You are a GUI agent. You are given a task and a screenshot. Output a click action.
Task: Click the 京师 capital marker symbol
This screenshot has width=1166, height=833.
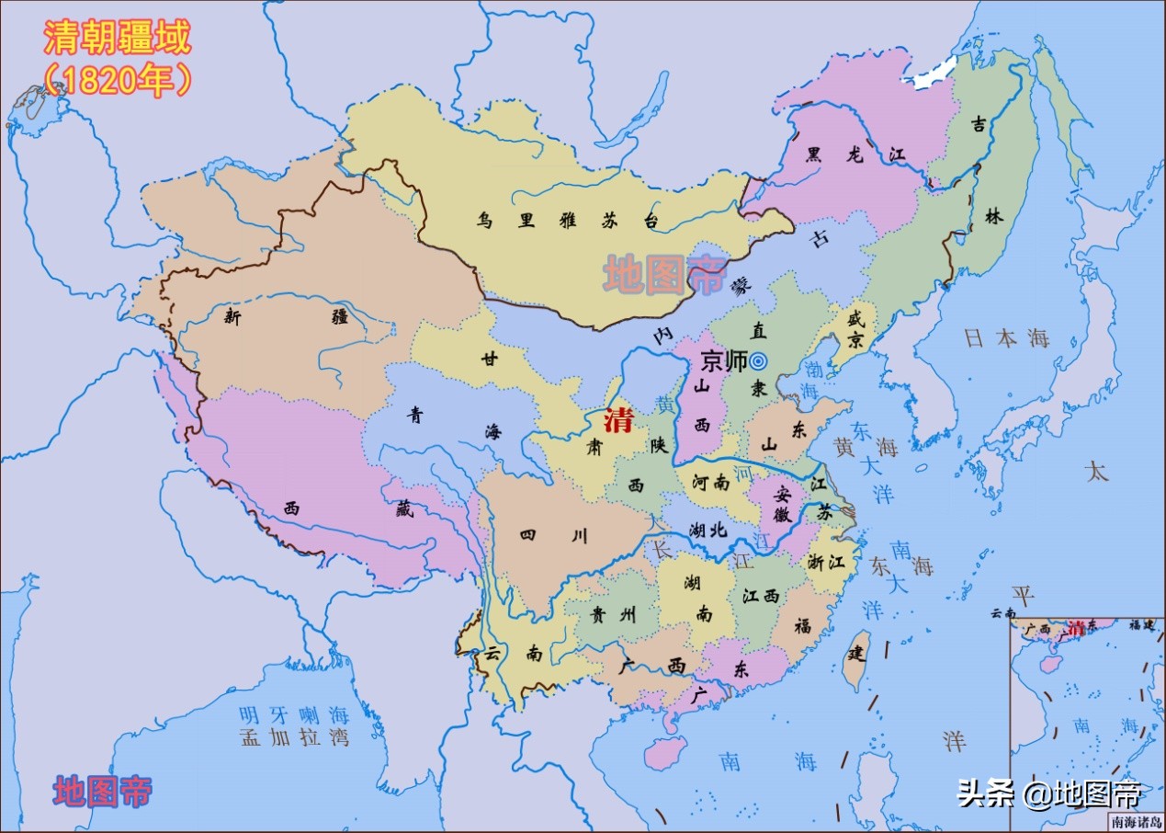[758, 361]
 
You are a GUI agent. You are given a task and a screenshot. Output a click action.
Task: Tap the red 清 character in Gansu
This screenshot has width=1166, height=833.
[617, 421]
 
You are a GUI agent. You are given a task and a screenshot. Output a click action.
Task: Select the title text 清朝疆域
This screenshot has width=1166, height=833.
[118, 39]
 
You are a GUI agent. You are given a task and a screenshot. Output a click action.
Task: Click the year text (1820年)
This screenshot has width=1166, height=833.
[118, 81]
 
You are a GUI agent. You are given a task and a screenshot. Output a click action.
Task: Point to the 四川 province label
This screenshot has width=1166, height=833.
[553, 535]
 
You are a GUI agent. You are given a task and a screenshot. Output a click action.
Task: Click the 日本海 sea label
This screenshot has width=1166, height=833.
[1006, 338]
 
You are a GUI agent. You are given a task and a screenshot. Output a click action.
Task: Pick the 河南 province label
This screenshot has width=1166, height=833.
[710, 482]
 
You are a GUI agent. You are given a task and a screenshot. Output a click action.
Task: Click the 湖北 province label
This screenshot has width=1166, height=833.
[708, 530]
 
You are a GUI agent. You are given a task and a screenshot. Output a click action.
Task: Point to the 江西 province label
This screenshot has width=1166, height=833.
[761, 596]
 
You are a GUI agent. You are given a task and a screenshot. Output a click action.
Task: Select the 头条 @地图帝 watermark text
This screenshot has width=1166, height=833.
[1047, 793]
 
